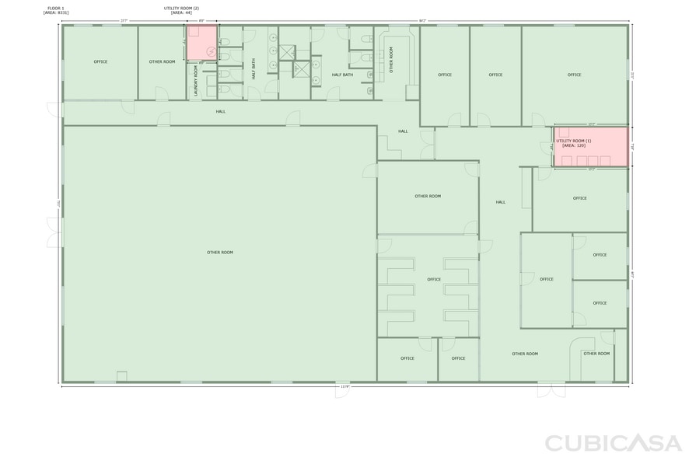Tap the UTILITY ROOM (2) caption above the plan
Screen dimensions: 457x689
click(x=181, y=8)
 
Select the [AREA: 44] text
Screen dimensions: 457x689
click(x=181, y=12)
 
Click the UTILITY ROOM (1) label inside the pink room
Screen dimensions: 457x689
click(x=574, y=141)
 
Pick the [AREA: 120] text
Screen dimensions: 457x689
click(x=574, y=145)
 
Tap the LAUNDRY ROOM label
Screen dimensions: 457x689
click(x=195, y=82)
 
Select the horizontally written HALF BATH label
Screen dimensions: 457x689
click(x=342, y=75)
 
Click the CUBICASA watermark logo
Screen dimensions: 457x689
click(x=610, y=442)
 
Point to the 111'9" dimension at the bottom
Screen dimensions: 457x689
click(x=344, y=386)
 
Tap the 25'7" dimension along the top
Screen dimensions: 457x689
click(x=124, y=20)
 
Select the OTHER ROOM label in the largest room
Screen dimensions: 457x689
click(x=220, y=253)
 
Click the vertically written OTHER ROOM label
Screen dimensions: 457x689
click(x=392, y=60)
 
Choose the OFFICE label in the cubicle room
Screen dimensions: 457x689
click(x=434, y=280)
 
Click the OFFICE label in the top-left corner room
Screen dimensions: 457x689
click(x=100, y=61)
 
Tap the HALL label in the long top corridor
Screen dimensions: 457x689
click(x=221, y=112)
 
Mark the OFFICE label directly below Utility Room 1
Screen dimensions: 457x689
click(x=580, y=198)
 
